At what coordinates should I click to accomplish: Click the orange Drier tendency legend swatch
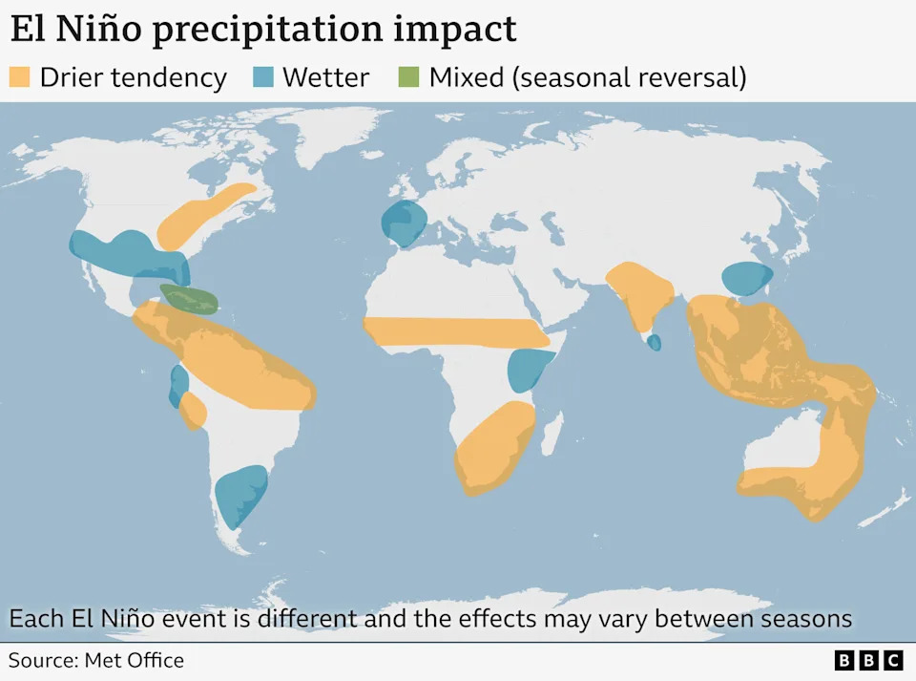pos(19,77)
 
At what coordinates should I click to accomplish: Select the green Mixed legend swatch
pos(408,77)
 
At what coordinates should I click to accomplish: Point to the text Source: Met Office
pos(96,660)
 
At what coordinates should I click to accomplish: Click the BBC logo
pos(868,660)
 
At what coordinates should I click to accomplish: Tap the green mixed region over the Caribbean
pos(190,299)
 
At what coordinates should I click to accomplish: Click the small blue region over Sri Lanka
pos(655,342)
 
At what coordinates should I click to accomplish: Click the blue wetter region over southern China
pos(746,278)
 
